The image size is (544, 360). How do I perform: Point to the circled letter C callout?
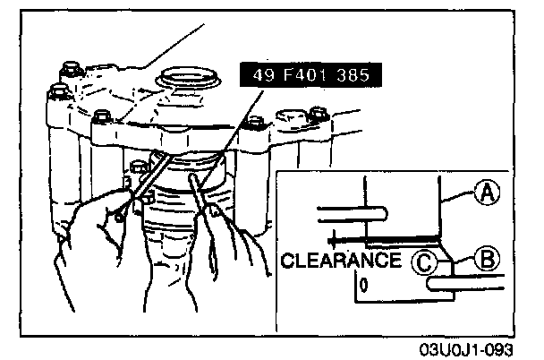click(425, 261)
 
